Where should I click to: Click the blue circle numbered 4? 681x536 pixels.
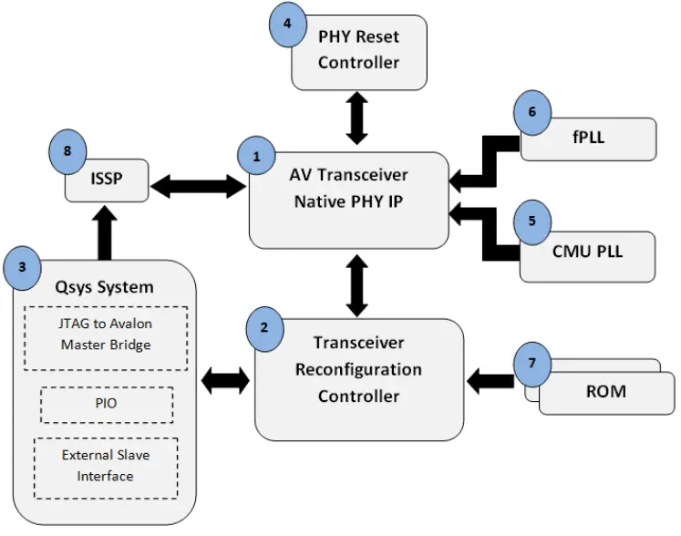pyautogui.click(x=287, y=24)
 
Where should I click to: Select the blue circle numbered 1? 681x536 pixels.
pyautogui.click(x=256, y=156)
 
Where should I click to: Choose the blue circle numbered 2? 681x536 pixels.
pyautogui.click(x=264, y=326)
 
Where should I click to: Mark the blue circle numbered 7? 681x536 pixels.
pyautogui.click(x=533, y=362)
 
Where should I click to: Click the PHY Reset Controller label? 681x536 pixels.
pyautogui.click(x=358, y=50)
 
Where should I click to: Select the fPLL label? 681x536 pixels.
pyautogui.click(x=588, y=139)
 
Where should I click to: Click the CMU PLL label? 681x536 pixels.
pyautogui.click(x=588, y=251)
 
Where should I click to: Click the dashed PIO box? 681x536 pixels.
pyautogui.click(x=108, y=403)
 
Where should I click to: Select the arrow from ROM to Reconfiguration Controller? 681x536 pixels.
pyautogui.click(x=490, y=376)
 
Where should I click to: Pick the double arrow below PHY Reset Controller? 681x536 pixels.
pyautogui.click(x=356, y=118)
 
